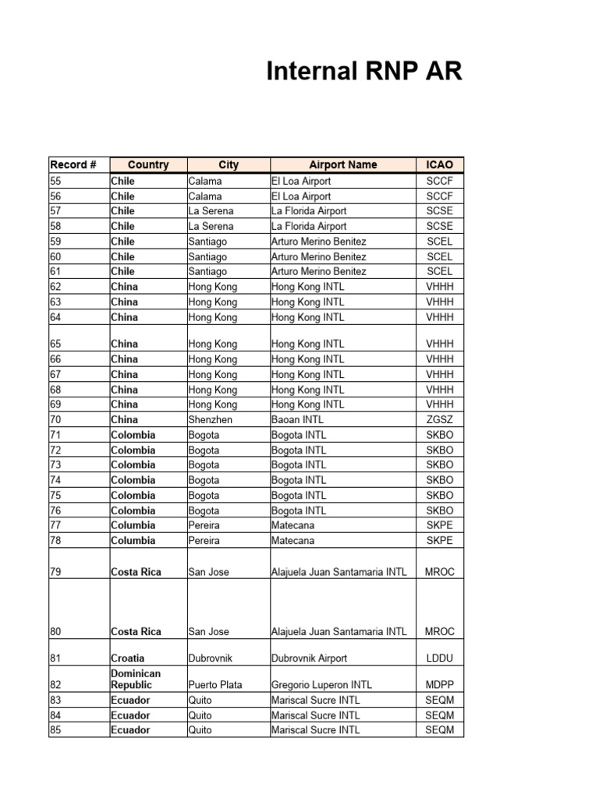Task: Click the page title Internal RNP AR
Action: pos(364,72)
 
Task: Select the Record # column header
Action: pos(73,164)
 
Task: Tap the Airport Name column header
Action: pos(342,164)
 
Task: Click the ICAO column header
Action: pos(439,164)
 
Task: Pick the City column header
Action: pos(229,164)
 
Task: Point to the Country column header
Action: pos(148,164)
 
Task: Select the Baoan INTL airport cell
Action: pos(297,419)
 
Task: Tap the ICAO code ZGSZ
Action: pos(439,419)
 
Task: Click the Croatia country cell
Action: pos(127,659)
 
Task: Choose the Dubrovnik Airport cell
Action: pos(309,659)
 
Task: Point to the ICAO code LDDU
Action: pos(439,659)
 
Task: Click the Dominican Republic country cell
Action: pos(136,679)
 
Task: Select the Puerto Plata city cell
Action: pos(215,685)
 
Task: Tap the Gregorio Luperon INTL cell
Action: pos(321,685)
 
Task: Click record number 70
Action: pos(55,419)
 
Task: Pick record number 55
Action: pos(55,181)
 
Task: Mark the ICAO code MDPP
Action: pos(439,685)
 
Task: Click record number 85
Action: pos(55,730)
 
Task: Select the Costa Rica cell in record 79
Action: pos(136,572)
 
